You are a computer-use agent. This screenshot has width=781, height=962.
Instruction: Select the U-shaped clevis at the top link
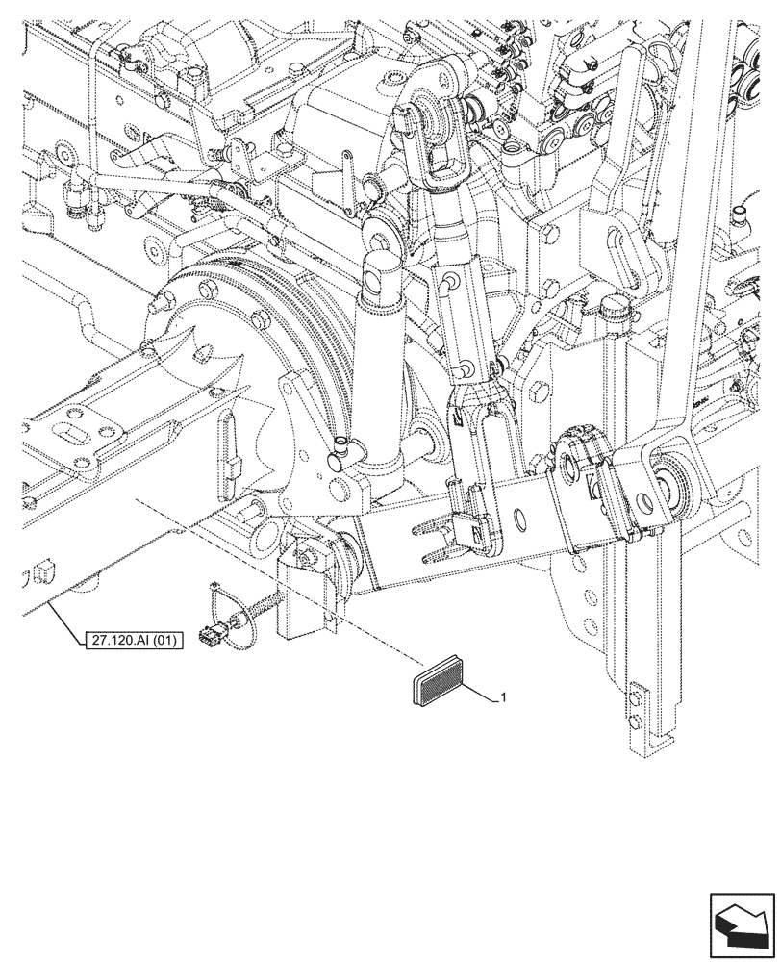point(439,161)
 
